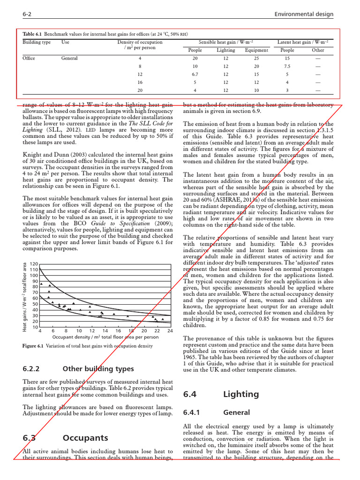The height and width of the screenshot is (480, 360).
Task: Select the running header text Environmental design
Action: pyautogui.click(x=303, y=14)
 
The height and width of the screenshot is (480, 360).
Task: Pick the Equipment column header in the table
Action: pyautogui.click(x=256, y=50)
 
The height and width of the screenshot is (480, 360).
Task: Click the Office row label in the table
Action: pyautogui.click(x=29, y=59)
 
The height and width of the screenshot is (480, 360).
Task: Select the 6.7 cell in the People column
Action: pyautogui.click(x=195, y=74)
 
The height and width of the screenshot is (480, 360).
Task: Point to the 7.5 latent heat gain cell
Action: pyautogui.click(x=287, y=66)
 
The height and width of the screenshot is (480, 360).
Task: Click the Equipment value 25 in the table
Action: pyautogui.click(x=256, y=59)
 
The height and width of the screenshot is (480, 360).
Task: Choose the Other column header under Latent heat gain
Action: pyautogui.click(x=318, y=50)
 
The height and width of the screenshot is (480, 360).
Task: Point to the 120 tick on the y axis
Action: pyautogui.click(x=33, y=264)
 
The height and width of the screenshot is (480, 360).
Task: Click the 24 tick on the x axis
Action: pyautogui.click(x=170, y=330)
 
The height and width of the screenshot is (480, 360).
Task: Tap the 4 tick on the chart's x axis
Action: pyautogui.click(x=40, y=330)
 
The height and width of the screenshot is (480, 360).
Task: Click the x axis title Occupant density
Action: pyautogui.click(x=105, y=337)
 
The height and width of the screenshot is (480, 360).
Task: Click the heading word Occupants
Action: pyautogui.click(x=85, y=438)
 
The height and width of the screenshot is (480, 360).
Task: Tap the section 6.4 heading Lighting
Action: pyautogui.click(x=241, y=394)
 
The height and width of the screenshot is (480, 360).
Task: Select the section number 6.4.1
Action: pyautogui.click(x=191, y=412)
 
